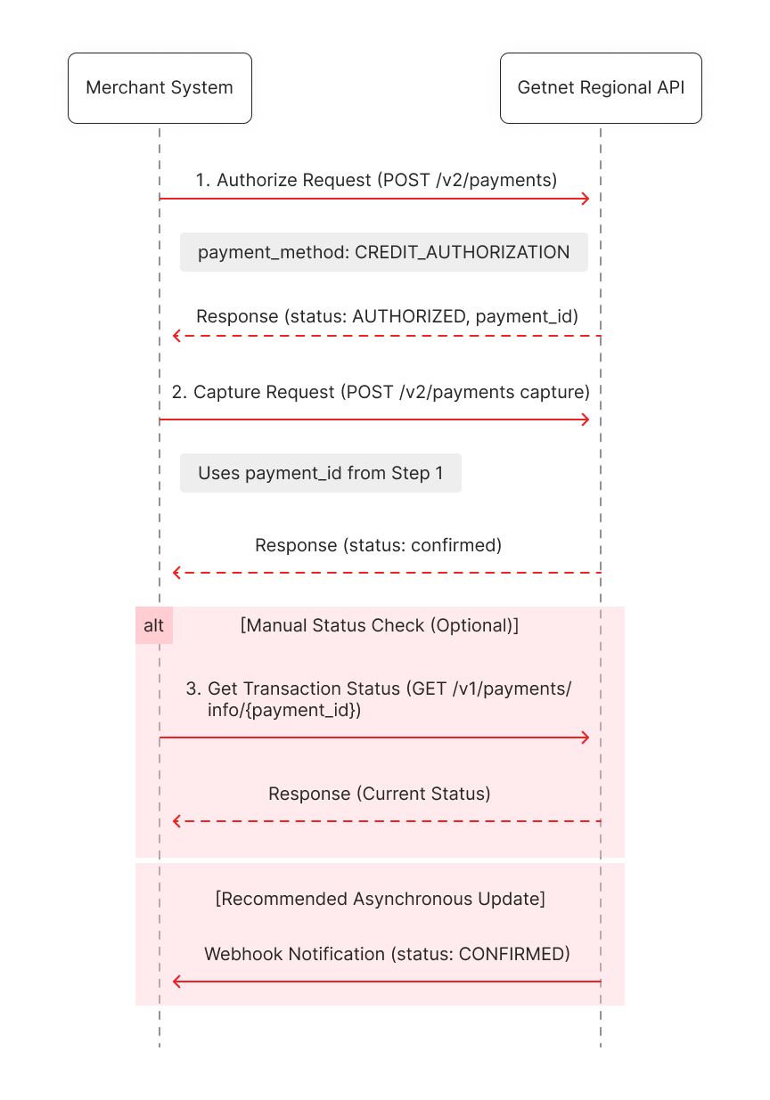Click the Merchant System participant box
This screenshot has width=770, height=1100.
pyautogui.click(x=160, y=88)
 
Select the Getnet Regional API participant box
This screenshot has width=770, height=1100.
pyautogui.click(x=601, y=88)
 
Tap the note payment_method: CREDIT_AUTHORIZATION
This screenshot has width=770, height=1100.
pyautogui.click(x=383, y=252)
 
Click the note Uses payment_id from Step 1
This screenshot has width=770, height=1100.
pyautogui.click(x=320, y=473)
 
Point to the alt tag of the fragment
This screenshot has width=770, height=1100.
pyautogui.click(x=154, y=625)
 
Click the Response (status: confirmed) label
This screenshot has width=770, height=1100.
pyautogui.click(x=378, y=545)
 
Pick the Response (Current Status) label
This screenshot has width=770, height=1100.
pyautogui.click(x=379, y=794)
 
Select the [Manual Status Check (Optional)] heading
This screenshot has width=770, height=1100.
pyautogui.click(x=380, y=625)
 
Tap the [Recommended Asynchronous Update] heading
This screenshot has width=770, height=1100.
pyautogui.click(x=381, y=899)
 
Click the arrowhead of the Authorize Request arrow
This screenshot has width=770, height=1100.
pyautogui.click(x=586, y=199)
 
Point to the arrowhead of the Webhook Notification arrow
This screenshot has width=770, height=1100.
pyautogui.click(x=177, y=982)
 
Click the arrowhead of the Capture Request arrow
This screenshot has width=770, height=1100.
pyautogui.click(x=586, y=420)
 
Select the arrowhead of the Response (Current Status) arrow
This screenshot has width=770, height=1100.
pyautogui.click(x=177, y=821)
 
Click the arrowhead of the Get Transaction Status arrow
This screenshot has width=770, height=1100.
pyautogui.click(x=586, y=737)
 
